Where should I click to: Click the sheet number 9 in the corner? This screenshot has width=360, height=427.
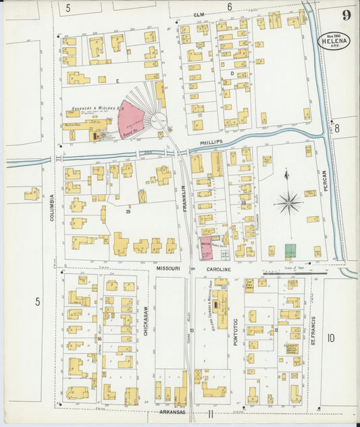point(346,15)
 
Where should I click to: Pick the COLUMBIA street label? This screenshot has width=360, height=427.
point(51,209)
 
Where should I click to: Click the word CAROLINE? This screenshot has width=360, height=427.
point(220,269)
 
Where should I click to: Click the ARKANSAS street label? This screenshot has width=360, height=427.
point(173,411)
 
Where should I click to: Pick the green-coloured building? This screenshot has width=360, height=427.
point(290,251)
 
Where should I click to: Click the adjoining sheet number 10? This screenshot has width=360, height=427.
point(331,338)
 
